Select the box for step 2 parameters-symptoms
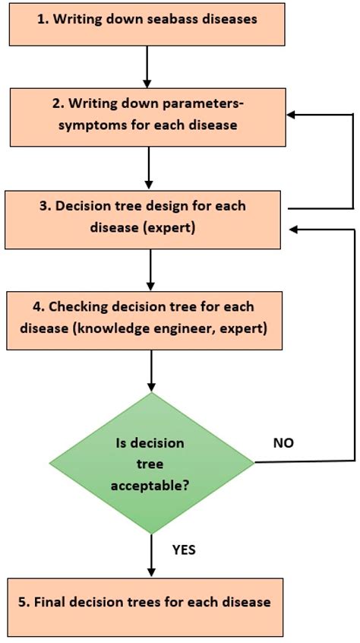pos(147,115)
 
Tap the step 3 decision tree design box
pos(147,216)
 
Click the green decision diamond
pos(151,462)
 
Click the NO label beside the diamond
pos(283,442)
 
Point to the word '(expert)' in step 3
pos(167,226)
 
